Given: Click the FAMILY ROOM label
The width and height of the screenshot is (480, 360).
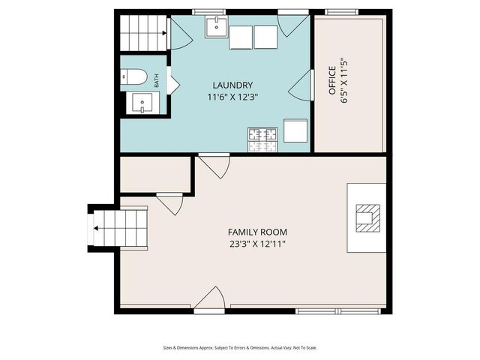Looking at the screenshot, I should click(x=257, y=232).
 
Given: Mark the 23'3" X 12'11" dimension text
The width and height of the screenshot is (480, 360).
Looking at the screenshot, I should click(x=257, y=244).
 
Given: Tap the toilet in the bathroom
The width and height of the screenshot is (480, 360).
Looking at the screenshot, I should click(x=136, y=76).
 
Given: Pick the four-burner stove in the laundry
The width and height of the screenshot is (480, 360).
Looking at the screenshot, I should click(x=262, y=135).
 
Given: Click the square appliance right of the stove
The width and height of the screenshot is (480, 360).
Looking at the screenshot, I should click(x=295, y=131).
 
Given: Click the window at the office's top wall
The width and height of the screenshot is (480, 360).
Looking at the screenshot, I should click(x=341, y=12).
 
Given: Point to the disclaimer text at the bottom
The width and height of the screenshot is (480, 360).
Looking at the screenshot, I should click(x=240, y=347).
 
